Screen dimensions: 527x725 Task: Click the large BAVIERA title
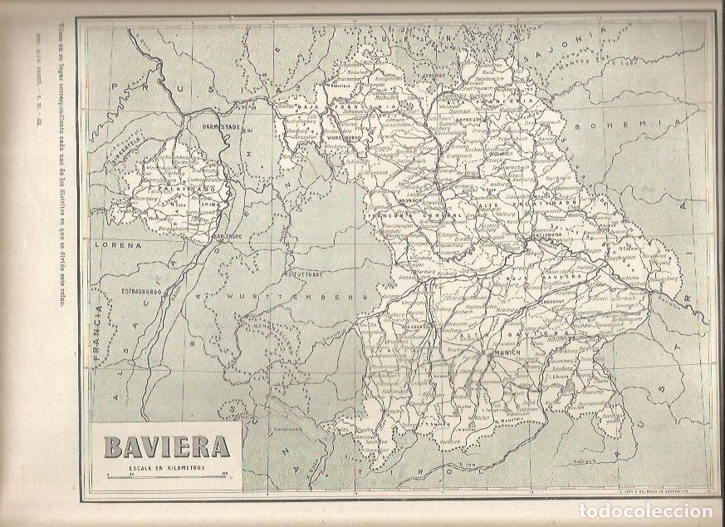click(166, 446)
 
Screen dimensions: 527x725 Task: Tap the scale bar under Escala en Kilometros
click(166, 475)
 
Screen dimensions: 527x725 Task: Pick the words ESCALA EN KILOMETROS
click(166, 468)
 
